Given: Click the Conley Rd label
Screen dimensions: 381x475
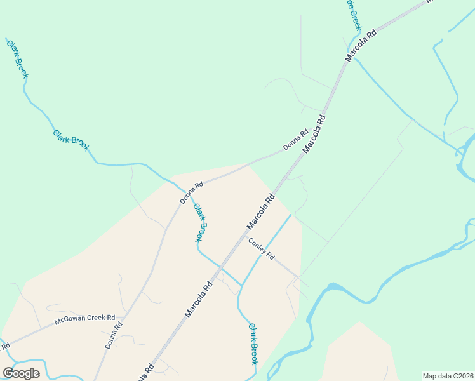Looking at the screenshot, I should pos(261,248).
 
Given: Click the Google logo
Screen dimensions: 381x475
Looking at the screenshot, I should pos(21,373).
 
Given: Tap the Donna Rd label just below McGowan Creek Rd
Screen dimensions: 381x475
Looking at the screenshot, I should pos(113,335).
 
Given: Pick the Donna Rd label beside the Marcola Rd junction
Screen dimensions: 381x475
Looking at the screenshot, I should pos(295,140).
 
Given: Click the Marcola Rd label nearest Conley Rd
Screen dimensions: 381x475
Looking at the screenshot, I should pos(260,211).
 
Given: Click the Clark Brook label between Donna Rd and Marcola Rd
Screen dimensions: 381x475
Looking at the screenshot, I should pos(200,222).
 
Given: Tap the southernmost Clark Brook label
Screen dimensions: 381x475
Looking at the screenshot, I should pos(253,344).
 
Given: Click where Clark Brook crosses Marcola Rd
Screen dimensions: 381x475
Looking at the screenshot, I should pos(220,266).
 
